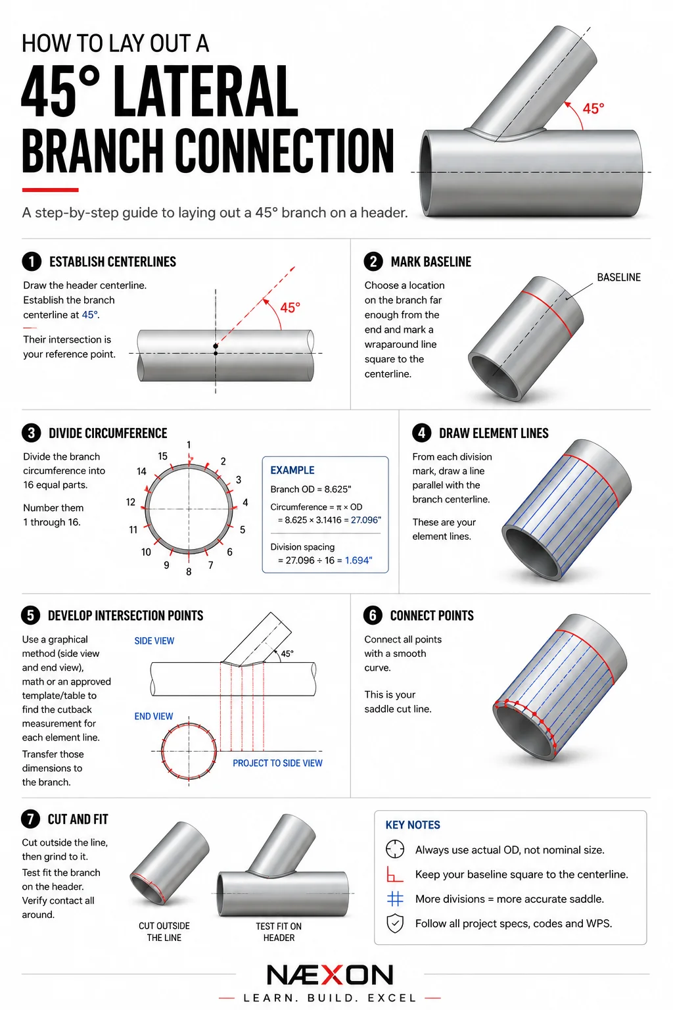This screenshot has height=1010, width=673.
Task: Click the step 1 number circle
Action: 32,262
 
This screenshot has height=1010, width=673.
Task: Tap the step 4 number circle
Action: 421,433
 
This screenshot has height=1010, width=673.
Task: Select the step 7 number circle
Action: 31,819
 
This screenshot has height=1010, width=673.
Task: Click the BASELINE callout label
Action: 618,277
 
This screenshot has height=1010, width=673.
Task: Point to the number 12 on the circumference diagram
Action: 131,502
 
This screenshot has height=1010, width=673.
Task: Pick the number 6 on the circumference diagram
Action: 230,552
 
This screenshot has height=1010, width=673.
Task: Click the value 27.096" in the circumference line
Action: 366,520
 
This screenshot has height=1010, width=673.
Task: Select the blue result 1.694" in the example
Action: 359,560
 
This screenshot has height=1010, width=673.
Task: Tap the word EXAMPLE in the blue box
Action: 292,470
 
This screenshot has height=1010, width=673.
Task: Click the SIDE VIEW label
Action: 154,640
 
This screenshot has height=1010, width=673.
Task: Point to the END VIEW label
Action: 154,716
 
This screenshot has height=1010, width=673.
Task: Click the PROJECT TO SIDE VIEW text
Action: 277,763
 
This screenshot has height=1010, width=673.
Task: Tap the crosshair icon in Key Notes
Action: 395,849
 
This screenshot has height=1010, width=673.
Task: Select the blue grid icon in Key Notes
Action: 395,899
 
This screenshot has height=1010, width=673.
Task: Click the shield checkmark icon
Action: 395,923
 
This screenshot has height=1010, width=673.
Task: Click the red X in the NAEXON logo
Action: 331,974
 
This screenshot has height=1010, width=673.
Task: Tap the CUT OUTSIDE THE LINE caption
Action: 164,932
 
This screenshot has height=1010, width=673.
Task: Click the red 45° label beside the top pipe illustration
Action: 593,108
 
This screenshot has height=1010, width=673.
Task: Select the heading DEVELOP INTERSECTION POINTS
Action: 126,615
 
